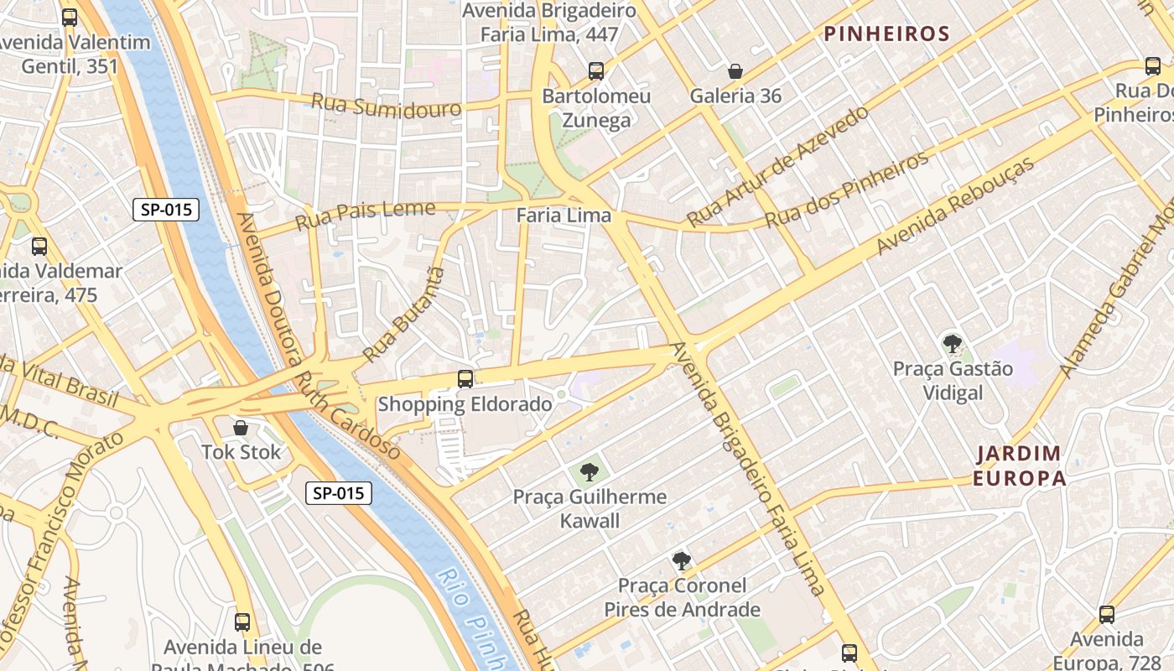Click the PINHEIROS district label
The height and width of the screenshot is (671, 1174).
(886, 34)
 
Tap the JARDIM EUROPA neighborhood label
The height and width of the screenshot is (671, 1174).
(1021, 466)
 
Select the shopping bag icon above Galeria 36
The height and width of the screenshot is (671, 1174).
(735, 71)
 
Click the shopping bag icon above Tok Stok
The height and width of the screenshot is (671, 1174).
(241, 428)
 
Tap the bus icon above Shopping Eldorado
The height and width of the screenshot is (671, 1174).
(465, 379)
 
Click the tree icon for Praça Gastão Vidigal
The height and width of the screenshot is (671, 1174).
(952, 343)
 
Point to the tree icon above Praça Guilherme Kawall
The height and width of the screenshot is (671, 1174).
(590, 471)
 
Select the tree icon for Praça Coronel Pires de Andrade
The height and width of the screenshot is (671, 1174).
(682, 560)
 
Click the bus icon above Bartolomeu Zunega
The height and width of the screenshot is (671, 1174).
(596, 71)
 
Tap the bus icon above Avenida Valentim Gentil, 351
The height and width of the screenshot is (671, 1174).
(70, 17)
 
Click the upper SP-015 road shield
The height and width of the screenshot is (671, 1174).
(166, 210)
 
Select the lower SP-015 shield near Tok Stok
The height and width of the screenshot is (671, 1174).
(338, 493)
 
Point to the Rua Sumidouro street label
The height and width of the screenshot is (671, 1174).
(386, 107)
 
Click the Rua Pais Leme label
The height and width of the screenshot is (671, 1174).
(366, 216)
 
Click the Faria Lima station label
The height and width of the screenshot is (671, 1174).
(564, 216)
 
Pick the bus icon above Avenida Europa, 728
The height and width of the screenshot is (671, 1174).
(1107, 615)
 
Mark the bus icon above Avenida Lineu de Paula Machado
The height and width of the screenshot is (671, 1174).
(242, 622)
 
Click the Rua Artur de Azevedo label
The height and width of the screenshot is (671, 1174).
(777, 166)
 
